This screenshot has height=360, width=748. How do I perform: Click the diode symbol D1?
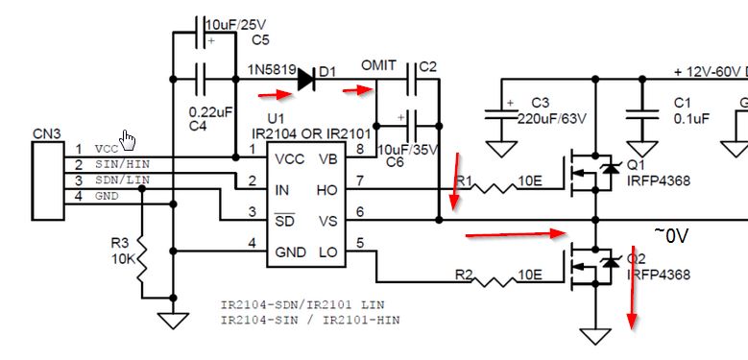pyautogui.click(x=305, y=78)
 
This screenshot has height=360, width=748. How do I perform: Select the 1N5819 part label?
pyautogui.click(x=270, y=71)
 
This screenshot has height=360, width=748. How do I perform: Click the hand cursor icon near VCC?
pyautogui.click(x=129, y=139)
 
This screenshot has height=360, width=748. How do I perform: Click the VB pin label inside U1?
pyautogui.click(x=327, y=158)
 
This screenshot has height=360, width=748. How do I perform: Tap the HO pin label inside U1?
pyautogui.click(x=326, y=190)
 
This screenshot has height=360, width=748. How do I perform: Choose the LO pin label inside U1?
pyautogui.click(x=326, y=252)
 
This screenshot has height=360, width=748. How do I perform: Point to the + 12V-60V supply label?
pyautogui.click(x=710, y=72)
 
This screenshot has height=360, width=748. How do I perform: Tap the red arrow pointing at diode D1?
pyautogui.click(x=276, y=94)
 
